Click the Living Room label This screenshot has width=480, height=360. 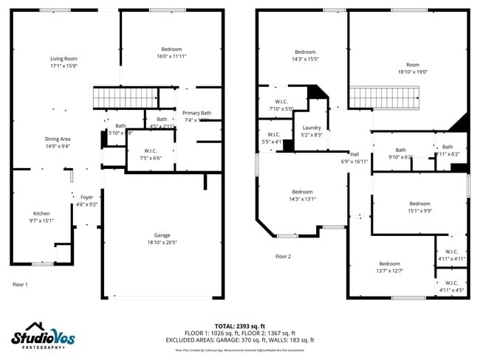point(64,59)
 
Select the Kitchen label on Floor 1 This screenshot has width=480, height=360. point(41,213)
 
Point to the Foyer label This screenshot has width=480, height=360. point(87,197)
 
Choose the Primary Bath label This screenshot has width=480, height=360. point(197,112)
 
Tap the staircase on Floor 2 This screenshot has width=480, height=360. point(383,97)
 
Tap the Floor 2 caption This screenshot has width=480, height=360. point(283,257)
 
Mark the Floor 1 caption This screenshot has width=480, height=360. point(20,284)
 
